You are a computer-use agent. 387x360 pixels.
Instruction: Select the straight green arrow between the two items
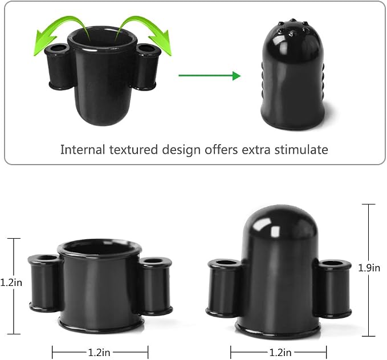[209, 76]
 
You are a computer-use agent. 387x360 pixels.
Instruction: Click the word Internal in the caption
[83, 150]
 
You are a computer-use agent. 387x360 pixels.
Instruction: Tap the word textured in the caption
[133, 150]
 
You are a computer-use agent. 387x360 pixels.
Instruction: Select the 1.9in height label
[369, 268]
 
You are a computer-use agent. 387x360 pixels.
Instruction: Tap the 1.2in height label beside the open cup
[11, 283]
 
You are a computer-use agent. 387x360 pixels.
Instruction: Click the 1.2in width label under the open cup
[99, 353]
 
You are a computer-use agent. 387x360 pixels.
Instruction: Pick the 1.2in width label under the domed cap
[280, 353]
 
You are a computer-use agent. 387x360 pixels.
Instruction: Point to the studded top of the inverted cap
[293, 28]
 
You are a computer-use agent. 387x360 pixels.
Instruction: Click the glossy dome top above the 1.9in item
[280, 222]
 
